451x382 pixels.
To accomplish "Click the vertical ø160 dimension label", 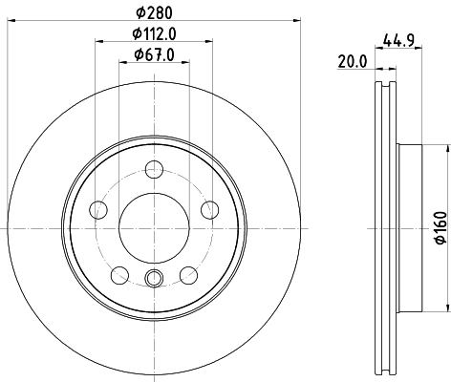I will [440, 226].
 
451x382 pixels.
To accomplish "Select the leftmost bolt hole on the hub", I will [97, 210].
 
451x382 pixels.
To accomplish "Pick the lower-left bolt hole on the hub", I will [118, 275].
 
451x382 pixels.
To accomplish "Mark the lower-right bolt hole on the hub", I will [187, 275].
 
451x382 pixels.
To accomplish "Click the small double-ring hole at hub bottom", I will [153, 279].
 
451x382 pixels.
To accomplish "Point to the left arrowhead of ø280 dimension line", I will [7, 20].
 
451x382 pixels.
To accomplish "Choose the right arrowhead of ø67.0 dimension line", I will [183, 62].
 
